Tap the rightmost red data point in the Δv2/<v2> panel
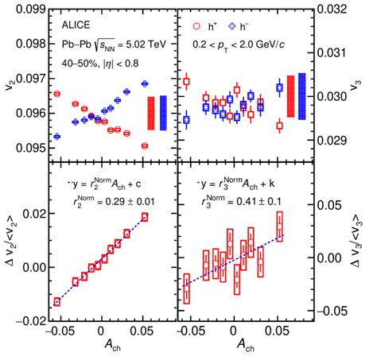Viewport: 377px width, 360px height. [145, 216]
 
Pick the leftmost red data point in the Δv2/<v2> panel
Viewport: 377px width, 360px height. [56, 301]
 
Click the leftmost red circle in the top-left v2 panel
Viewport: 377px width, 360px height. [56, 94]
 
